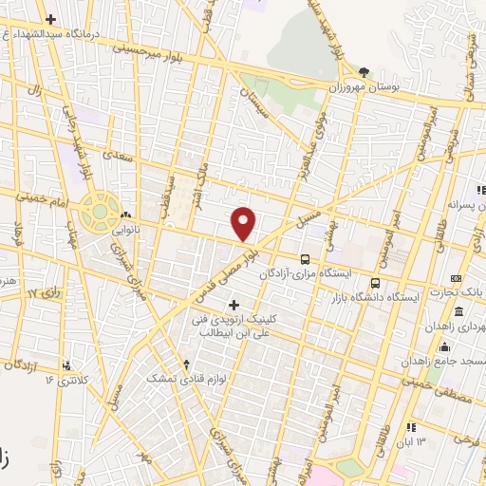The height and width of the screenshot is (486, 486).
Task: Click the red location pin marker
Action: coord(244,223)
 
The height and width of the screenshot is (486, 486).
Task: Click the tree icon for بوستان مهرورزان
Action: coord(364,71)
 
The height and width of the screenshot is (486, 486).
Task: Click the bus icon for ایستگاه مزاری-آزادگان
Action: coord(305,258)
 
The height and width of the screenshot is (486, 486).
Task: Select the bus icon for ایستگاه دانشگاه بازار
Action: coord(376,283)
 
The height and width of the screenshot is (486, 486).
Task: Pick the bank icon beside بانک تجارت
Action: coord(457,278)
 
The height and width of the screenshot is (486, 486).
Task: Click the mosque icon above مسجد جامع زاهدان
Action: coord(444,346)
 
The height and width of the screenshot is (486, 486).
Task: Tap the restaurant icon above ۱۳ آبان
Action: coord(410,428)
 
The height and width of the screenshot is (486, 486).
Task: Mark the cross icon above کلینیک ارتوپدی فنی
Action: coord(234,304)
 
